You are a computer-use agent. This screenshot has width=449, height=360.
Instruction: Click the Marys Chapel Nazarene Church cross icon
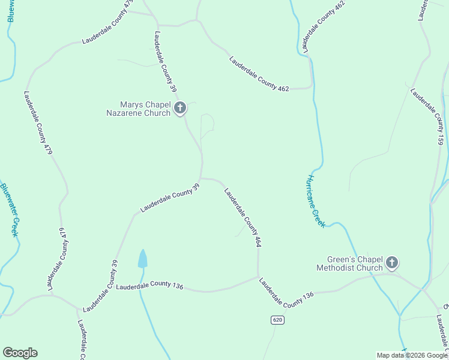coord(179,109)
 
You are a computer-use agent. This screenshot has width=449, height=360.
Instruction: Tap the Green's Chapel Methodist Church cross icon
coord(392,262)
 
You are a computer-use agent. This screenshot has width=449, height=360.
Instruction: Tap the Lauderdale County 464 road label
coord(243,217)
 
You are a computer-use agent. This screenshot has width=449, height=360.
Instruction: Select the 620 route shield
coord(277,320)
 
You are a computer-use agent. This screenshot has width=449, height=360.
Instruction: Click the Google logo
coord(20,353)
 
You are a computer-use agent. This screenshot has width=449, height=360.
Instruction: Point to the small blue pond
coord(142,259)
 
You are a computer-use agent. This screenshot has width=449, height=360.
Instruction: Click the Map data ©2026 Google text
coord(412,355)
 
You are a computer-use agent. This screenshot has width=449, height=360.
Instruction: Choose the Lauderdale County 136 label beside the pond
coord(149,286)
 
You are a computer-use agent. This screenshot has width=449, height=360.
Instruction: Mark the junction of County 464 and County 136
coord(259,277)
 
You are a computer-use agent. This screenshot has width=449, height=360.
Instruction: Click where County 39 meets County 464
coord(202,178)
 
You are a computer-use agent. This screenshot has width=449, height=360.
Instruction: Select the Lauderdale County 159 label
coord(427,116)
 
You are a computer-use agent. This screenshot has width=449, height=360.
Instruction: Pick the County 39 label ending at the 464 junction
coord(170,199)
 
